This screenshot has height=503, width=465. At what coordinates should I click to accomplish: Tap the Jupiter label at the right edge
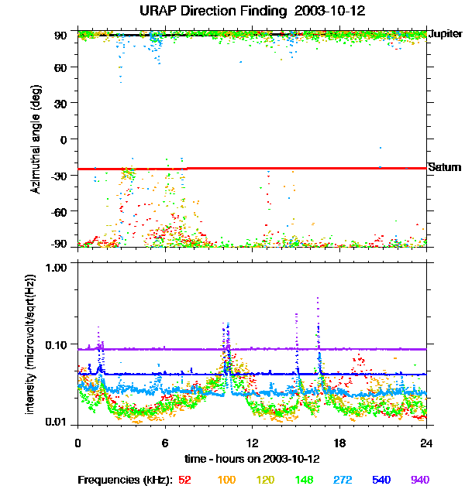446,34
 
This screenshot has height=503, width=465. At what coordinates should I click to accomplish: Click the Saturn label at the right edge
445,168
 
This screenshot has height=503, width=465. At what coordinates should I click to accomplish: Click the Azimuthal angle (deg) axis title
36,139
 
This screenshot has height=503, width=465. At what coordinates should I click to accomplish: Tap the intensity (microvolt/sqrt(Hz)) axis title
31,344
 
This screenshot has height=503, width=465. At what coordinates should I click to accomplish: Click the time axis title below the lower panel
252,458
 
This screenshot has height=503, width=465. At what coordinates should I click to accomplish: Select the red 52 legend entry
185,480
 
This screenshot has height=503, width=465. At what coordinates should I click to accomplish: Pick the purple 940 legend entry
418,480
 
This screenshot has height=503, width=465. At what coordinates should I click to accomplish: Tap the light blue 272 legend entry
339,480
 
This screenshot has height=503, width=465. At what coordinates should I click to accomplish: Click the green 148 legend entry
301,480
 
